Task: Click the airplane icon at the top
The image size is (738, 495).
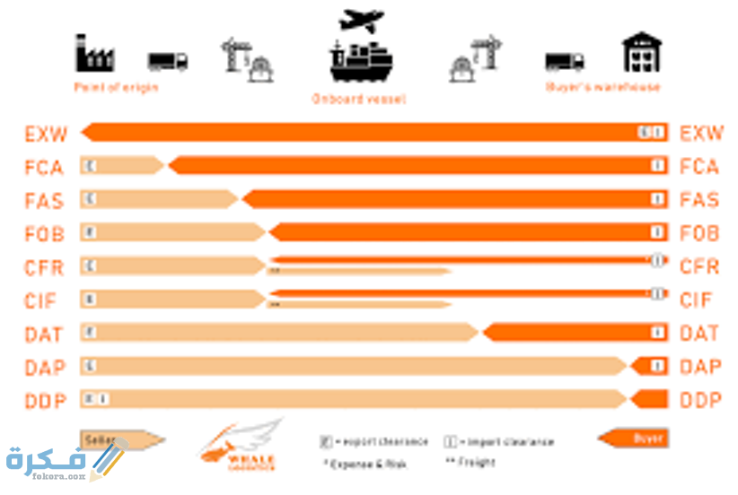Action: coord(361,20)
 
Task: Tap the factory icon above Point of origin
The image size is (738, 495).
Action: coord(93,53)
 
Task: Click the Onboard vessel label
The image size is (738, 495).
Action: coord(358,99)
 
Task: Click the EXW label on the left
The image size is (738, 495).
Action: coord(45,135)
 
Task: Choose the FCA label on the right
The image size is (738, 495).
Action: coord(699,167)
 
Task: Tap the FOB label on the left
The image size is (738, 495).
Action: coord(45,233)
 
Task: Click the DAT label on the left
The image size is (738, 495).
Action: coord(45,334)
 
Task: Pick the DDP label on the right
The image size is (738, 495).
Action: coord(699,400)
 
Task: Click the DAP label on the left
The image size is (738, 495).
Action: coord(45,367)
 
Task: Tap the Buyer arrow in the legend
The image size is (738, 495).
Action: coord(633,439)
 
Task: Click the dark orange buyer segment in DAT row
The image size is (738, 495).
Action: coord(575,334)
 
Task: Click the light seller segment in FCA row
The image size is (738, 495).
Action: coord(121,166)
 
